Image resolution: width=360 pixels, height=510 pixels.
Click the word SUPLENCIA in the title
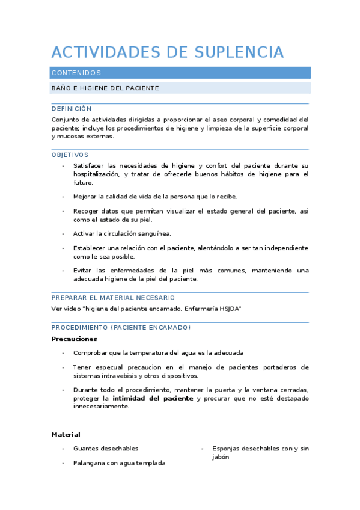click(240, 52)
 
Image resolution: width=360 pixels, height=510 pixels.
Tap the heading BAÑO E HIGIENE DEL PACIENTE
click(105, 88)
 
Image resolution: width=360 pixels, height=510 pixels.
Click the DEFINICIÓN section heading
click(72, 109)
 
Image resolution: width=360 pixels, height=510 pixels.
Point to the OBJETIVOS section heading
click(70, 155)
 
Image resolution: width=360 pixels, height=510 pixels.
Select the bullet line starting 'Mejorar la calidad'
click(155, 197)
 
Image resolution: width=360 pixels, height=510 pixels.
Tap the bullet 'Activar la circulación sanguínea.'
click(122, 233)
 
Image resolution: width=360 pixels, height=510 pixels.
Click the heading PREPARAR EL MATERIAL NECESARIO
click(113, 298)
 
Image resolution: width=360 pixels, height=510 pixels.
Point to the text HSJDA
click(230, 309)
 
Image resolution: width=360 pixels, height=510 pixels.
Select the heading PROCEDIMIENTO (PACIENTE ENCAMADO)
click(121, 328)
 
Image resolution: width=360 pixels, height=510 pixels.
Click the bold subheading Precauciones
click(74, 339)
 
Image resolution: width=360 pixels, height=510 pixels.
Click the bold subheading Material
click(66, 434)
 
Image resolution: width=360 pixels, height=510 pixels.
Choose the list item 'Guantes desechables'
click(106, 449)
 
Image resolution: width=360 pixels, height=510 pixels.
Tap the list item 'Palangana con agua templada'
click(119, 463)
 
